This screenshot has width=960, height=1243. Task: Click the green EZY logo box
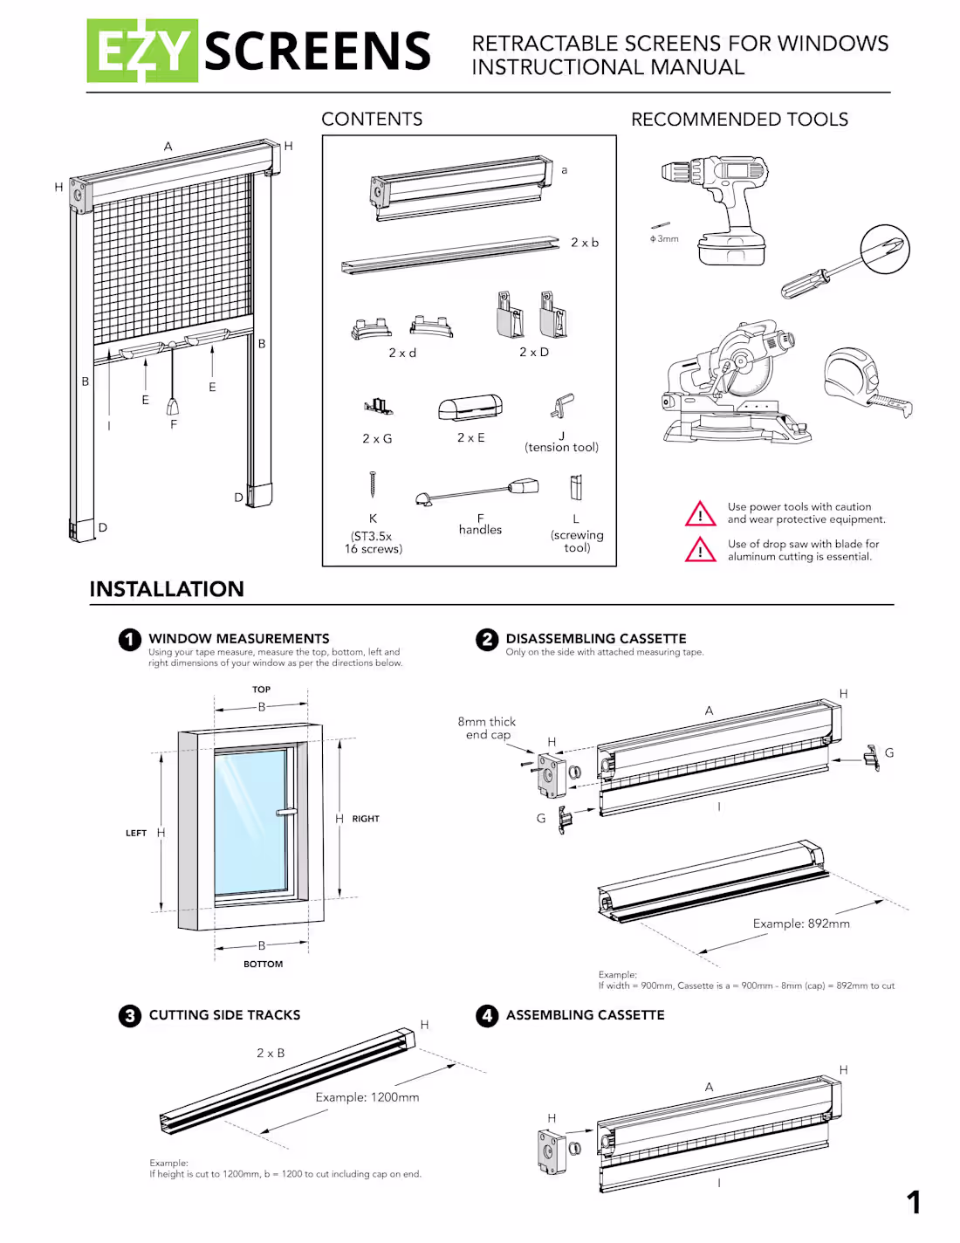[x=142, y=51]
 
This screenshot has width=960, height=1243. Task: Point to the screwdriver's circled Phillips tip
[x=885, y=249]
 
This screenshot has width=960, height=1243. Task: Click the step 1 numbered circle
[x=130, y=640]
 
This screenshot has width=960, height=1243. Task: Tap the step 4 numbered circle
[x=487, y=1015]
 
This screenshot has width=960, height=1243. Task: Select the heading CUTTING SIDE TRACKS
[x=224, y=1015]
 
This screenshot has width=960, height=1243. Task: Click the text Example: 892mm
[x=801, y=924]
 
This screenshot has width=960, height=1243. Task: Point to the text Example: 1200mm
[x=367, y=1097]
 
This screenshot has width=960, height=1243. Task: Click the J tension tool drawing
[x=563, y=406]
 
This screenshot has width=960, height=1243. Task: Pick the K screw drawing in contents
[x=373, y=484]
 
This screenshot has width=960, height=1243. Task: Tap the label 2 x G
[x=377, y=439]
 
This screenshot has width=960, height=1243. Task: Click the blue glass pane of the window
[x=250, y=821]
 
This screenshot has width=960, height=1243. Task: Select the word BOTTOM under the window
[x=263, y=965]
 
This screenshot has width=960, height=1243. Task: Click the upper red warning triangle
[x=700, y=514]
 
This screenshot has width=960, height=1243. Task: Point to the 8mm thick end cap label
[x=487, y=728]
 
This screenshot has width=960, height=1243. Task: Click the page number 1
[x=914, y=1203]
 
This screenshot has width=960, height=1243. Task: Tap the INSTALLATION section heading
[x=167, y=589]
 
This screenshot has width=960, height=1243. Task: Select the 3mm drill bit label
[x=665, y=239]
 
